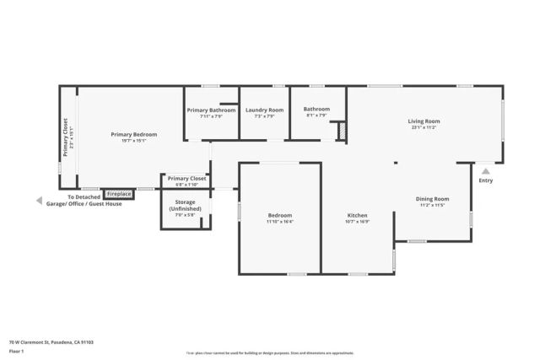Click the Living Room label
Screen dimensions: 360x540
click(424, 121)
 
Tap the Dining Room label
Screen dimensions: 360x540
click(431, 199)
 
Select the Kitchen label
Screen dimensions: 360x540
click(357, 216)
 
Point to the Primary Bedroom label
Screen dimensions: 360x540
click(129, 134)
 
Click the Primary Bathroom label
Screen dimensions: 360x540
click(211, 110)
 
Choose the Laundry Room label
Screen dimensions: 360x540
click(264, 110)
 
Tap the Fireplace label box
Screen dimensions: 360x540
click(118, 194)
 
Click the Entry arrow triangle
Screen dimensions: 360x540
click(485, 170)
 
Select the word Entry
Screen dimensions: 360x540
click(485, 180)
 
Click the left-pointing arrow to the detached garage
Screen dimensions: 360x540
click(38, 201)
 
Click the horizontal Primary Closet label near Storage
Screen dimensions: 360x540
click(186, 179)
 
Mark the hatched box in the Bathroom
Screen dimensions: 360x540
click(342, 132)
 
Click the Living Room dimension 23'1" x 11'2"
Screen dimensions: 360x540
click(424, 128)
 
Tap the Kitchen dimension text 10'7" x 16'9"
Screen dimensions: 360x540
click(357, 223)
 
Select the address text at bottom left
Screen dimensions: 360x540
click(51, 342)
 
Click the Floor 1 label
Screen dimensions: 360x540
click(17, 352)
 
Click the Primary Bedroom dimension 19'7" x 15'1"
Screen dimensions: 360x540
click(129, 141)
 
